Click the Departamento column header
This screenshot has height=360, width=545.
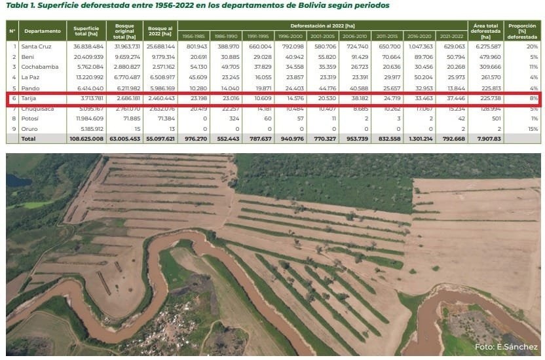[43, 31]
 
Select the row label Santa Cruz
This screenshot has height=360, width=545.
[35, 47]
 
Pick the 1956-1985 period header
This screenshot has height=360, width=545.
[193, 35]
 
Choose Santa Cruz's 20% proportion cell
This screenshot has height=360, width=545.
[533, 47]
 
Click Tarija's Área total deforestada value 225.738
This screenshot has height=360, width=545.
[485, 98]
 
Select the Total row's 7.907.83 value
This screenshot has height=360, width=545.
[485, 139]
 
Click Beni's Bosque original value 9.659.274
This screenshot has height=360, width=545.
[123, 57]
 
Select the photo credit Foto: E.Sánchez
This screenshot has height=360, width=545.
[506, 347]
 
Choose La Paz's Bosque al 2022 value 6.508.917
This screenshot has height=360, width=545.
[161, 77]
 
